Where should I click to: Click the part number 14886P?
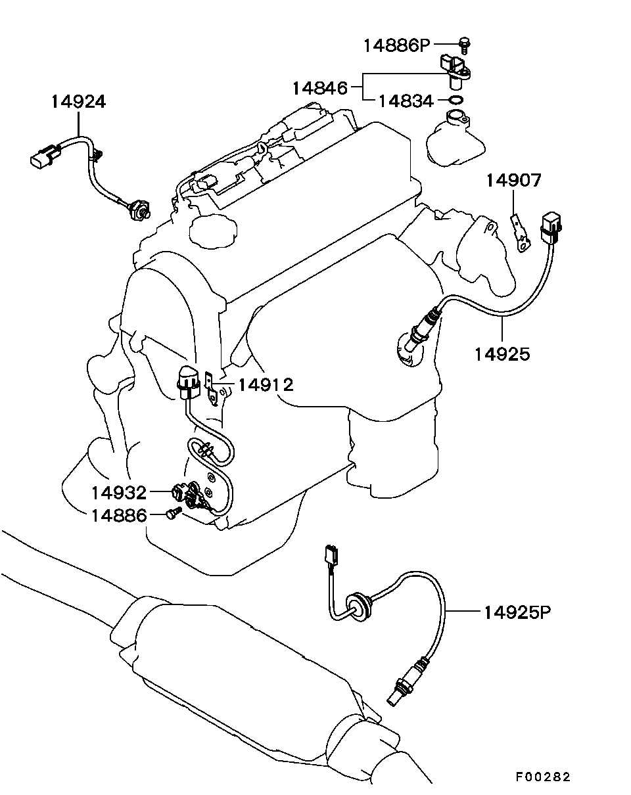(x=397, y=46)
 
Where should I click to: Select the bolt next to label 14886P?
(x=465, y=45)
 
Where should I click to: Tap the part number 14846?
(x=319, y=88)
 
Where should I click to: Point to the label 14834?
(x=406, y=101)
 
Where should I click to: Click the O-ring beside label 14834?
(x=456, y=100)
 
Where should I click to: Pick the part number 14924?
(x=78, y=102)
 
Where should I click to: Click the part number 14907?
(x=513, y=180)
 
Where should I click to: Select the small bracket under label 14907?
(x=521, y=233)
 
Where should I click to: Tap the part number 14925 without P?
(x=502, y=354)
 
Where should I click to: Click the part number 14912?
(x=266, y=385)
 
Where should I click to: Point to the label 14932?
(x=119, y=493)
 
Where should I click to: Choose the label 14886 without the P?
(x=119, y=515)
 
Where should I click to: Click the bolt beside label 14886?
(x=174, y=512)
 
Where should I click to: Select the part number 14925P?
(x=517, y=613)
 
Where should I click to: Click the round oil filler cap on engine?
(x=213, y=230)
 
